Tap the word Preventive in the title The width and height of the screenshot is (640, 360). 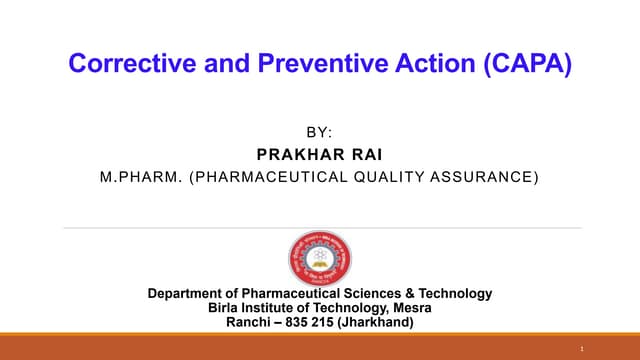point(305,64)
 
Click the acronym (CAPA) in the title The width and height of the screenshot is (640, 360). point(526,64)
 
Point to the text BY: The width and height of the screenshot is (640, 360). point(319,132)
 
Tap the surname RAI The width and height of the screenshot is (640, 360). point(366,154)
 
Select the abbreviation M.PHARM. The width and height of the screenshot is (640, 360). point(140,177)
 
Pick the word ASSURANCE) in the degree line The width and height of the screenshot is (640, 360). point(487,177)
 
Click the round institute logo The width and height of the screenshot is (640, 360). point(320,258)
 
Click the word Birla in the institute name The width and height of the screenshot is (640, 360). point(225,308)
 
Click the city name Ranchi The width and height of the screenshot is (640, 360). point(248,322)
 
